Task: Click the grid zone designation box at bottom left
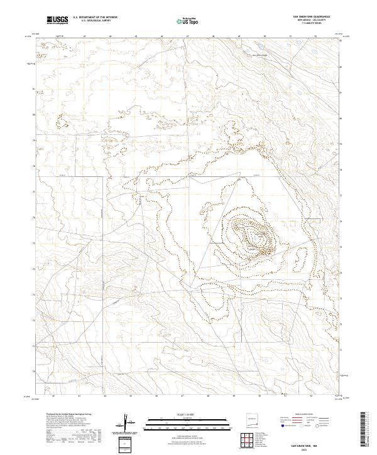tap(126, 443)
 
